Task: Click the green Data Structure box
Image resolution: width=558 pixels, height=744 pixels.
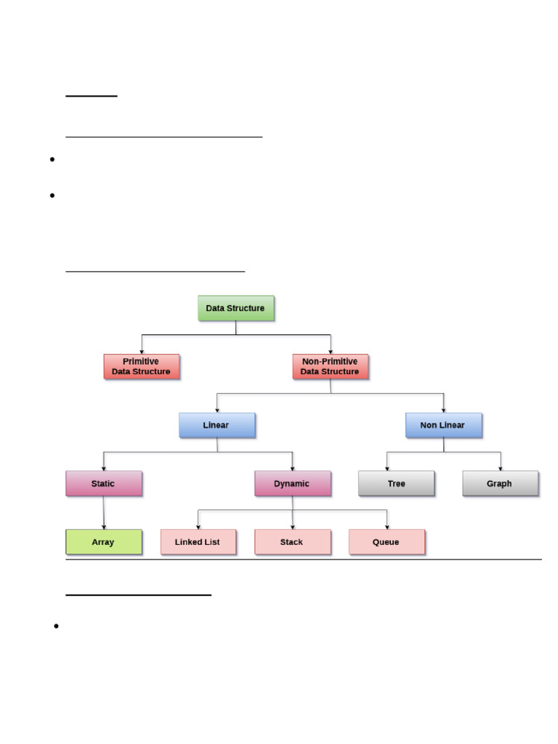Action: pyautogui.click(x=236, y=308)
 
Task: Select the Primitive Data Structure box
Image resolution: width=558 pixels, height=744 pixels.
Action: pyautogui.click(x=142, y=367)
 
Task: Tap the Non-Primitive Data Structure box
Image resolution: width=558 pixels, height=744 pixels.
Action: pyautogui.click(x=331, y=367)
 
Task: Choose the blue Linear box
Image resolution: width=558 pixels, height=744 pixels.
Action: pyautogui.click(x=217, y=425)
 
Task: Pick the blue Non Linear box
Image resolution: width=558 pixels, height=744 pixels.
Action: pyautogui.click(x=444, y=425)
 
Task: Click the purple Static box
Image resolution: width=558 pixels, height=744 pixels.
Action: pyautogui.click(x=104, y=484)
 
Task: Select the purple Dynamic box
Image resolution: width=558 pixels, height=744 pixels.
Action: pyautogui.click(x=293, y=484)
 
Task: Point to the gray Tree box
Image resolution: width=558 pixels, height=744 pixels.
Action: pyautogui.click(x=397, y=484)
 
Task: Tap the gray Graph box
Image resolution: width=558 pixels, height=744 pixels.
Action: pyautogui.click(x=501, y=484)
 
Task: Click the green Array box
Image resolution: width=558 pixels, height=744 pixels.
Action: pyautogui.click(x=104, y=542)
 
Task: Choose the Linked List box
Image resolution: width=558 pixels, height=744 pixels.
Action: pyautogui.click(x=198, y=542)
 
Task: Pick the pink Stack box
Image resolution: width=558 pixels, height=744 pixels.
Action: pyautogui.click(x=293, y=542)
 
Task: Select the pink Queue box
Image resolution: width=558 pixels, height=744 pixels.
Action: pyautogui.click(x=387, y=542)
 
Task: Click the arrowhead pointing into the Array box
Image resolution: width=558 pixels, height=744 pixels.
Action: pyautogui.click(x=104, y=527)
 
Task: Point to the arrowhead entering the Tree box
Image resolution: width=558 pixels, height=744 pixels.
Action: pyautogui.click(x=387, y=468)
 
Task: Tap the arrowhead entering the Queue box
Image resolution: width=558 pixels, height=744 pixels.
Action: pyautogui.click(x=387, y=527)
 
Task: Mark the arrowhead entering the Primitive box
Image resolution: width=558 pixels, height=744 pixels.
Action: pyautogui.click(x=142, y=352)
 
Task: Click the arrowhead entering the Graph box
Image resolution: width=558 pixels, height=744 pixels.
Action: pyautogui.click(x=501, y=468)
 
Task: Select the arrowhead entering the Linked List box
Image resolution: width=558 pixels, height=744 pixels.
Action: pyautogui.click(x=198, y=527)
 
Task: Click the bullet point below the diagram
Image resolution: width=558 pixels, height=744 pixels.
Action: pyautogui.click(x=55, y=626)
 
